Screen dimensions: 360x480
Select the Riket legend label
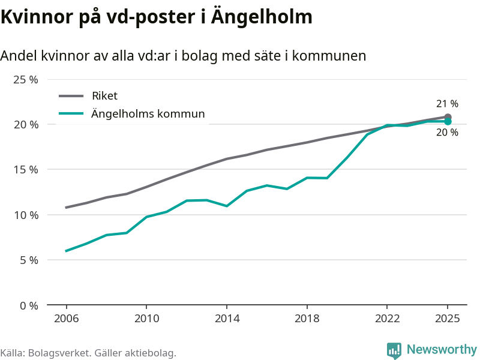(104, 95)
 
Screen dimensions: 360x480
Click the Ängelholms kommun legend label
(148, 113)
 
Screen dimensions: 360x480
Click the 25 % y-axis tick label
(26, 79)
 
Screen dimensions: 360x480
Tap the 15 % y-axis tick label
(26, 170)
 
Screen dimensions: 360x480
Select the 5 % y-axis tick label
(29, 260)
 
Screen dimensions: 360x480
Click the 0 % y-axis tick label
(29, 305)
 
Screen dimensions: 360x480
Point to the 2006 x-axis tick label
(66, 319)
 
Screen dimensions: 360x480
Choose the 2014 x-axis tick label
(227, 319)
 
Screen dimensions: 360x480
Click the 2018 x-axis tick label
(307, 319)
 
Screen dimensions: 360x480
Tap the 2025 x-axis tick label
(448, 319)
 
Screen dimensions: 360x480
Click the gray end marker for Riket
(448, 117)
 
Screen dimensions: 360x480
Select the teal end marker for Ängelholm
(448, 122)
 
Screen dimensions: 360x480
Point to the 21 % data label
(447, 104)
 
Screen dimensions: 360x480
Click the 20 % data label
(447, 133)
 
